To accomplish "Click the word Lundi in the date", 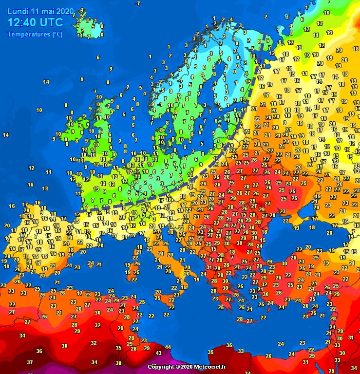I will point(18,11).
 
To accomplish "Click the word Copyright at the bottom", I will point(161,366).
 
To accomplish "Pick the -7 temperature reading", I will point(138,3).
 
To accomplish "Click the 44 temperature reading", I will point(168,347).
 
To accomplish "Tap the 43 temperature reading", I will point(159,353).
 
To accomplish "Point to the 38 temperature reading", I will point(118,363).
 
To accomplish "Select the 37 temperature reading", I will point(30,362).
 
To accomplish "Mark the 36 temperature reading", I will point(39,351).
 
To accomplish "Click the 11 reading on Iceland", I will point(79,36).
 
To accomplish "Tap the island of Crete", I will point(244,320).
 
